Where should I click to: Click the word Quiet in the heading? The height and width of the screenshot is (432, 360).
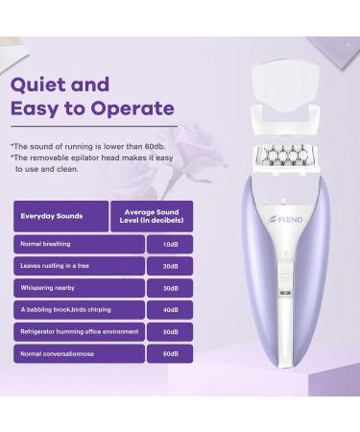pyautogui.click(x=38, y=84)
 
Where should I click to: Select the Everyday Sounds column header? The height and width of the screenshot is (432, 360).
pyautogui.click(x=61, y=216)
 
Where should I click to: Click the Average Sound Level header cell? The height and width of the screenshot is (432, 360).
pyautogui.click(x=152, y=216)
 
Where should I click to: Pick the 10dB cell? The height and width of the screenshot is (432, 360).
pyautogui.click(x=170, y=245)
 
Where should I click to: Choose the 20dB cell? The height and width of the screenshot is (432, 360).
pyautogui.click(x=170, y=266)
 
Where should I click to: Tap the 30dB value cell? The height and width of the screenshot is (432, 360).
pyautogui.click(x=170, y=288)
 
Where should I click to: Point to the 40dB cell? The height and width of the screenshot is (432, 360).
pyautogui.click(x=170, y=310)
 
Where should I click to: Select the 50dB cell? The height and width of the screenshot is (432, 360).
pyautogui.click(x=170, y=332)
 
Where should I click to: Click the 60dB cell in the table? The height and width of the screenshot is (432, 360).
pyautogui.click(x=170, y=354)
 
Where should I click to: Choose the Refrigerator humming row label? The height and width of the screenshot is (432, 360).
pyautogui.click(x=79, y=332)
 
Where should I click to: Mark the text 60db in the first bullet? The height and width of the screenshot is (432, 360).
pyautogui.click(x=155, y=147)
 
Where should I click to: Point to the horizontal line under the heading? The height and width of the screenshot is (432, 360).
pyautogui.click(x=94, y=127)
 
